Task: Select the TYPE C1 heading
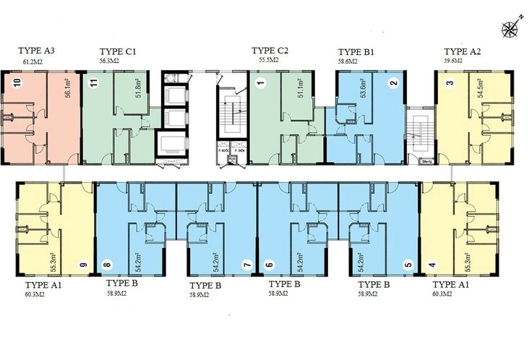[119, 51]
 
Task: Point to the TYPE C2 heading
[270, 51]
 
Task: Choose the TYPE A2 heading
[463, 51]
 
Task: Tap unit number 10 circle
[17, 83]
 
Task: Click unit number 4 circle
[432, 265]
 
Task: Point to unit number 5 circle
[408, 265]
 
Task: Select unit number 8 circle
[107, 265]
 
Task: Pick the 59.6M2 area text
[455, 62]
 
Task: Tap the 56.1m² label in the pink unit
[66, 88]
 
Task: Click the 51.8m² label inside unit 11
[139, 88]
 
